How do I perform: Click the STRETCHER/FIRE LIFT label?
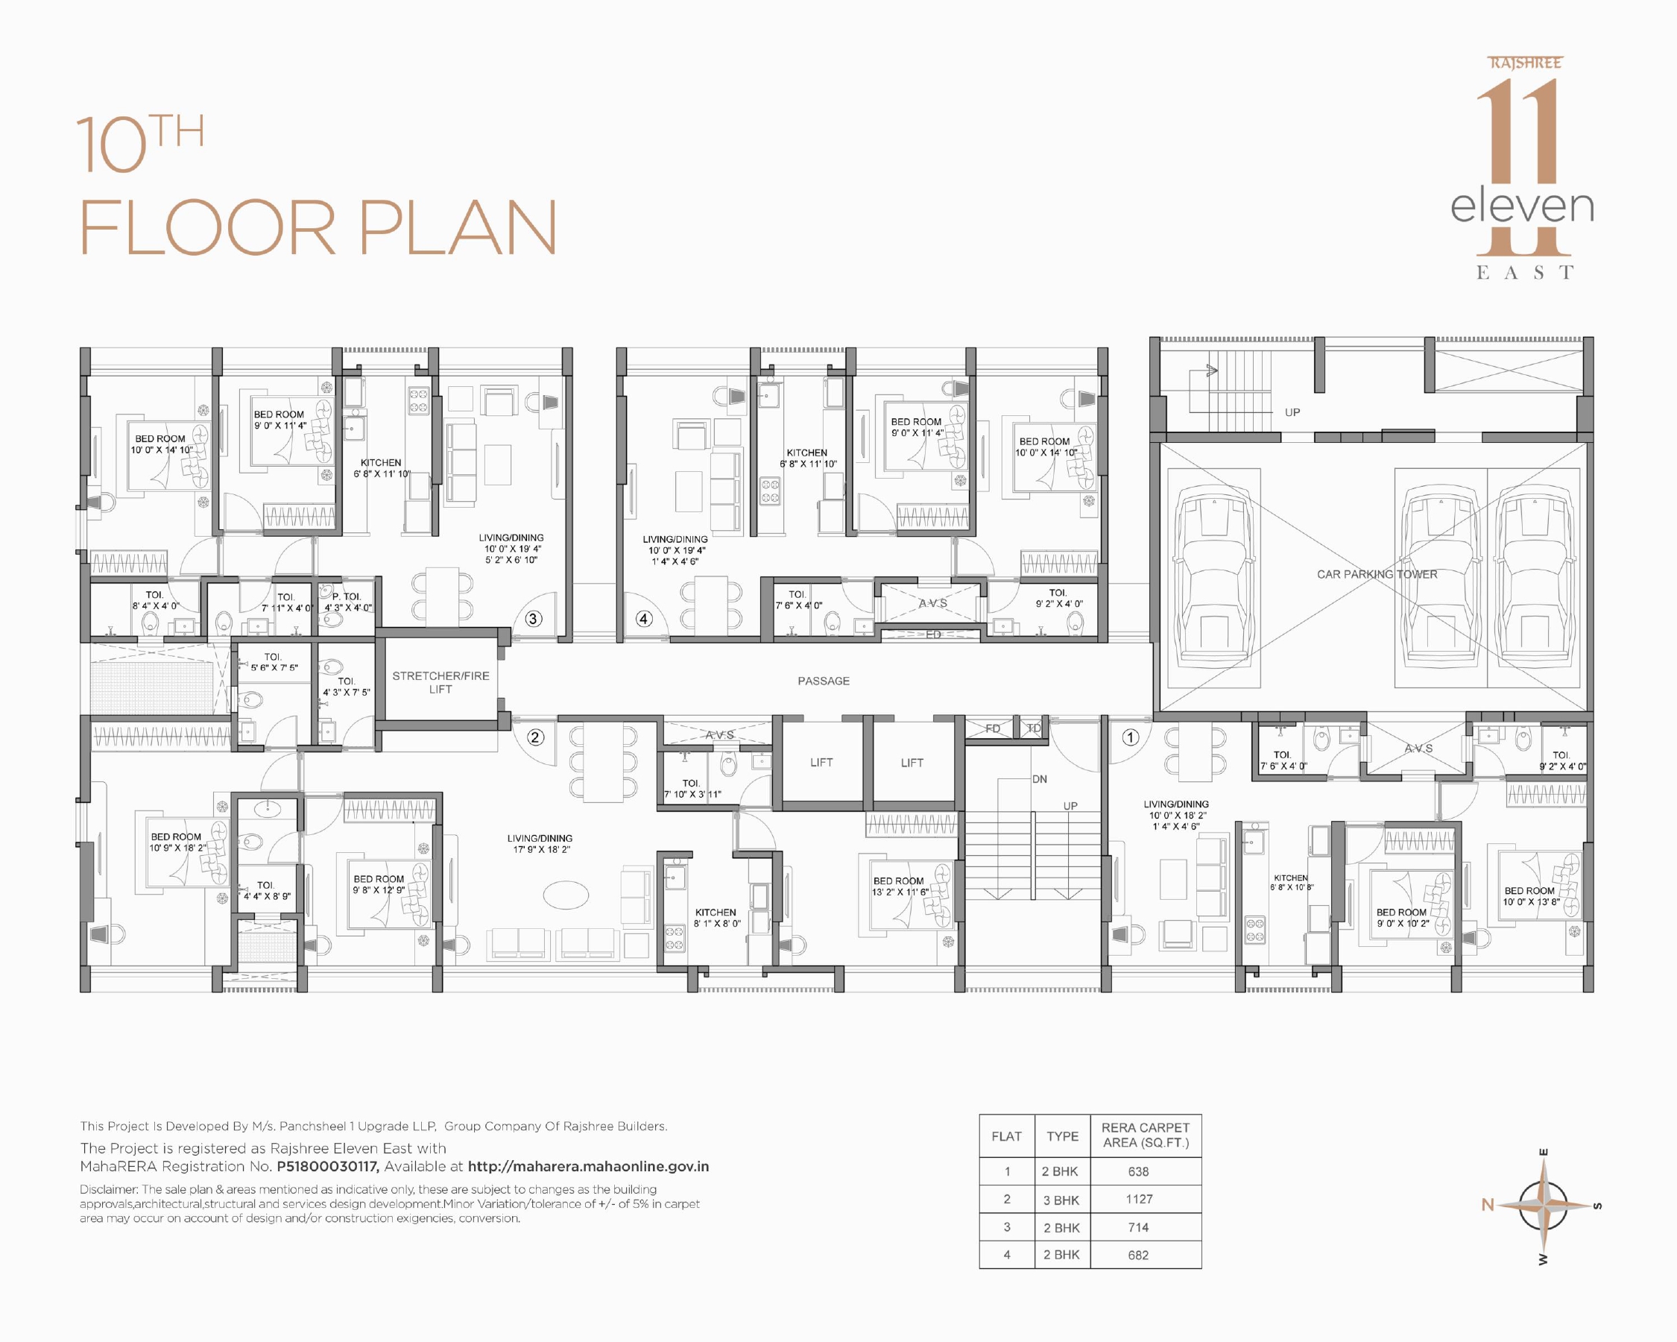440,682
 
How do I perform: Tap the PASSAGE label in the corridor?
823,681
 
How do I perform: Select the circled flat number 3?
533,619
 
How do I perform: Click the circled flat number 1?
1130,737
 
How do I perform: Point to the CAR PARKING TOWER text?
1377,574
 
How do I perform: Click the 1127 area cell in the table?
1139,1199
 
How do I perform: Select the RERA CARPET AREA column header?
1145,1135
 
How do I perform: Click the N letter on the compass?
1487,1204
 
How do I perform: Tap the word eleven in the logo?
1521,207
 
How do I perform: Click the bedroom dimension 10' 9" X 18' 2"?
177,847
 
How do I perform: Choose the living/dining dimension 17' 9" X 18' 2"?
540,849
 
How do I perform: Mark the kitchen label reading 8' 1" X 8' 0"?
716,924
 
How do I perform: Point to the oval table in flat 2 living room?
566,895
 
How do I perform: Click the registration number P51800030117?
327,1166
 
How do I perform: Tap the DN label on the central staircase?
1039,779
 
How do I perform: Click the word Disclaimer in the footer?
109,1189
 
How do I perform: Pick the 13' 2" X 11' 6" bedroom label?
899,892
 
